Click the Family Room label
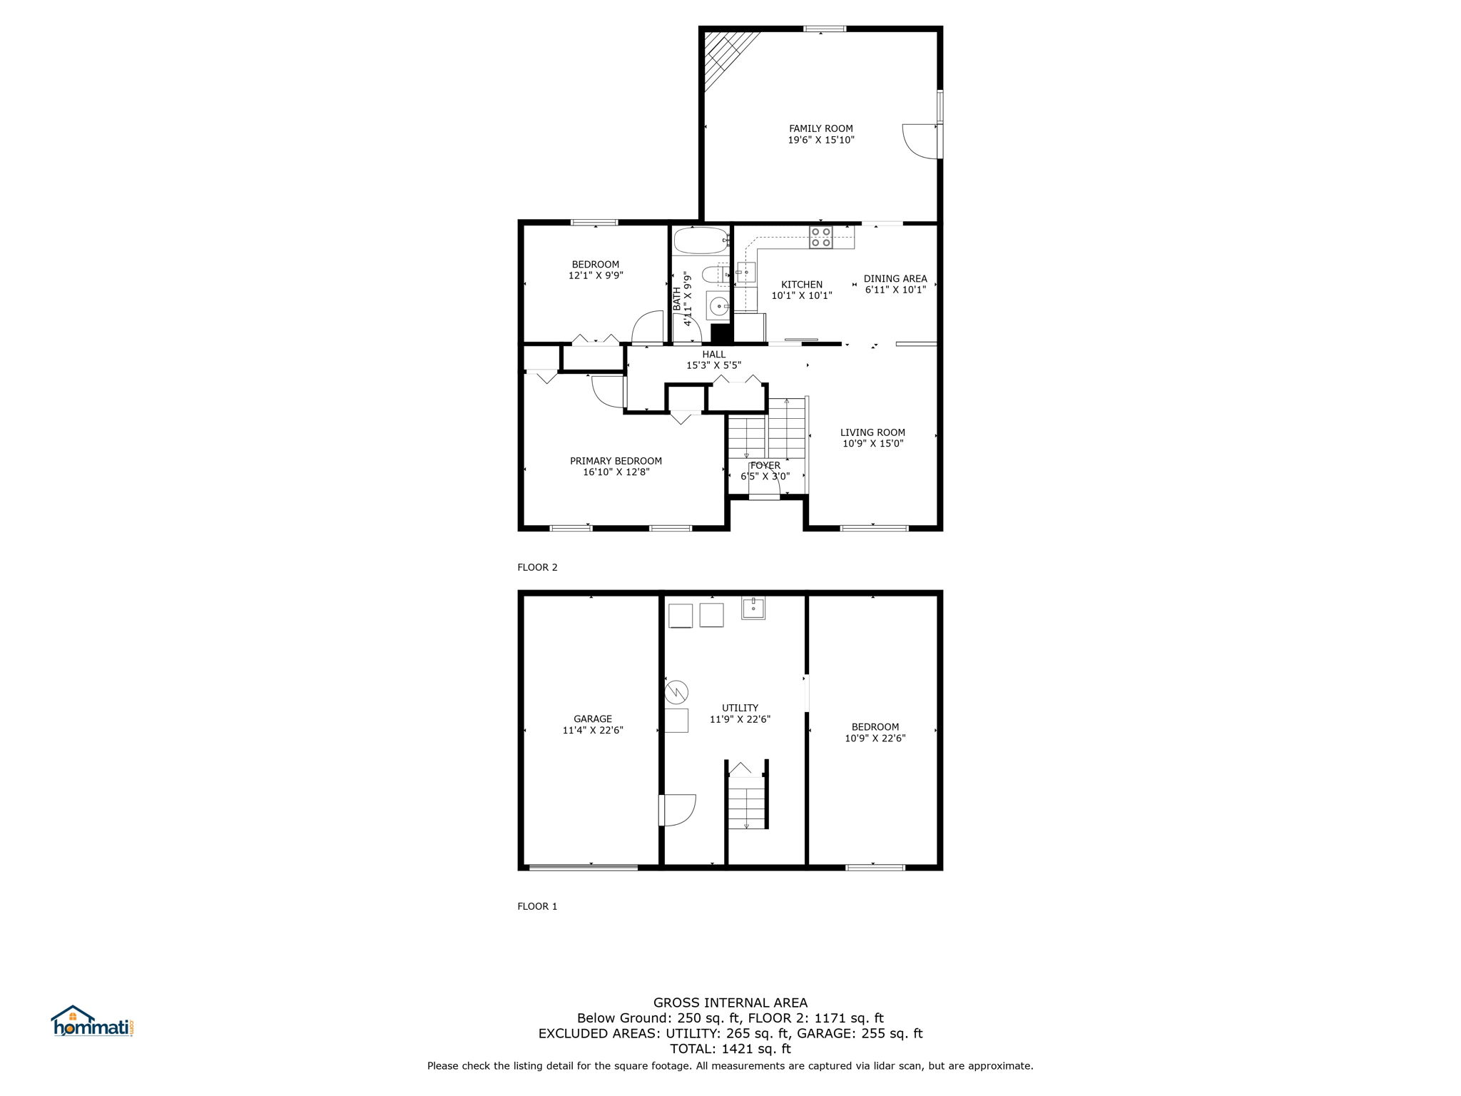(820, 128)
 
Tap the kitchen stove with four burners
(821, 237)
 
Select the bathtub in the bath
(701, 241)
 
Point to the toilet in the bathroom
(714, 274)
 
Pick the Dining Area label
(895, 279)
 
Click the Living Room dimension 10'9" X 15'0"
(873, 443)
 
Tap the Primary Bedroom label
(616, 461)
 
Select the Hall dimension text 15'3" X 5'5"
(713, 365)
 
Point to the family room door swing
(920, 142)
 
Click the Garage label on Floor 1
(593, 719)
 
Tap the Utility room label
(740, 709)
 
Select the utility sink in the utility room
(753, 608)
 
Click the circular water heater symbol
(676, 691)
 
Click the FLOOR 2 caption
(537, 568)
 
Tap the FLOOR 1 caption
(537, 907)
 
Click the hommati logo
(93, 1021)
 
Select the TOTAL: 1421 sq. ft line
(730, 1049)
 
